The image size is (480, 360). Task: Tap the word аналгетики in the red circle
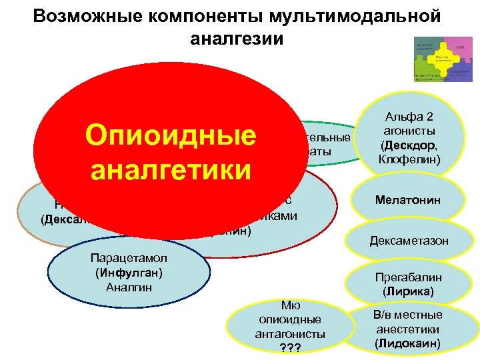coord(170,169)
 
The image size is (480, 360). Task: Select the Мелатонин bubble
coord(407,199)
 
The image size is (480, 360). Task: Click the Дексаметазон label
coord(409,240)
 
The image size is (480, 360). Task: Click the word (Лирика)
coord(407,291)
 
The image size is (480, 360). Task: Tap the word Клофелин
coord(408,160)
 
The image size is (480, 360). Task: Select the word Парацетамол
coord(125,259)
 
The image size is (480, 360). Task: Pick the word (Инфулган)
coord(126,273)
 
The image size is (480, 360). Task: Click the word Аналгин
coord(125,287)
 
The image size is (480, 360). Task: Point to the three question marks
coord(290,348)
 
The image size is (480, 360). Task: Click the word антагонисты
coord(290,334)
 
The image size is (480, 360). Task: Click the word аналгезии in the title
coord(237,39)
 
